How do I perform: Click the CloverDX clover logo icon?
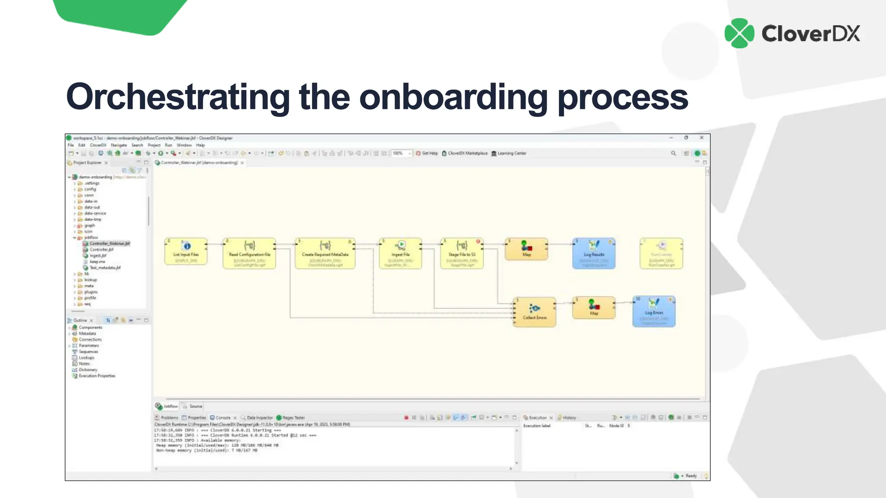coord(739,33)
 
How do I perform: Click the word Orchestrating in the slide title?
coord(177,97)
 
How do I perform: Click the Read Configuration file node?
coord(250,253)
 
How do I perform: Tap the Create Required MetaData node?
coord(325,253)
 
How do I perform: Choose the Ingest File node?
coord(401,253)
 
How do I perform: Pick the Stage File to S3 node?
coord(462,253)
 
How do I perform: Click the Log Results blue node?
coord(594,253)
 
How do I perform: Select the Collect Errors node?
coord(535,312)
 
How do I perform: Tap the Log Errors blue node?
coord(654,311)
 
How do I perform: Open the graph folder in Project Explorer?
coord(90,226)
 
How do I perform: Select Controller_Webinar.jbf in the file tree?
coord(109,244)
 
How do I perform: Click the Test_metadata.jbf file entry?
coord(105,268)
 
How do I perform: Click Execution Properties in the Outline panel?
coord(97,376)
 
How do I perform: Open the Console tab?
coord(223,418)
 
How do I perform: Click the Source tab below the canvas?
coord(196,406)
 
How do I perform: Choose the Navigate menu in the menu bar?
coord(119,145)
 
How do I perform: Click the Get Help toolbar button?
coord(429,153)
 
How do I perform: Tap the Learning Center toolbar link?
coord(511,153)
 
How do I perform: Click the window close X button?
coord(702,138)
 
